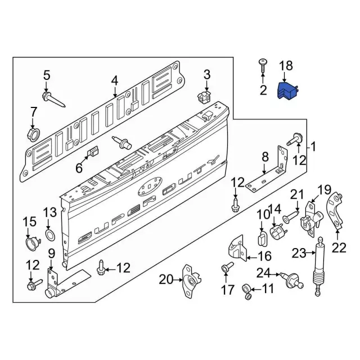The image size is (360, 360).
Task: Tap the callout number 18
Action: click(x=286, y=66)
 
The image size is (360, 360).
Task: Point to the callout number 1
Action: click(x=313, y=148)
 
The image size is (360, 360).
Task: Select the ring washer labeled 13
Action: click(x=49, y=233)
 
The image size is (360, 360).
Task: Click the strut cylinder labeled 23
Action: click(x=320, y=265)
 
